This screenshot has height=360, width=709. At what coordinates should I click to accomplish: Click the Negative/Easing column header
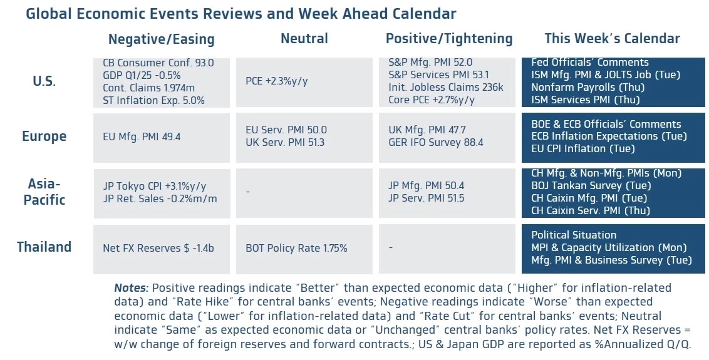(161, 39)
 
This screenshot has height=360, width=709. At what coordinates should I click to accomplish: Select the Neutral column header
(304, 39)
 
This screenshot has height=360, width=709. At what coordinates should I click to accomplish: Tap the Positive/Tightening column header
(448, 39)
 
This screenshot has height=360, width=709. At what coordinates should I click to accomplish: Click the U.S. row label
(44, 81)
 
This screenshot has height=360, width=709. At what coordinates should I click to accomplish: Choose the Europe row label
(44, 136)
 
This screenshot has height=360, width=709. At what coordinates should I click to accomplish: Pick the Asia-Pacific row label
(44, 192)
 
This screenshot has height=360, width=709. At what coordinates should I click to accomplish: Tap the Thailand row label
(44, 247)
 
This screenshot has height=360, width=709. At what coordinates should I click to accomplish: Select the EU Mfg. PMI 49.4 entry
(142, 136)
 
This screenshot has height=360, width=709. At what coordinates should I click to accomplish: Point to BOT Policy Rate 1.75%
(296, 248)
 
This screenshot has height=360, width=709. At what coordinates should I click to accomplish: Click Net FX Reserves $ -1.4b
(158, 248)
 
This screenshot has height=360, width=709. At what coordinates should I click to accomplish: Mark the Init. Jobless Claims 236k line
(446, 88)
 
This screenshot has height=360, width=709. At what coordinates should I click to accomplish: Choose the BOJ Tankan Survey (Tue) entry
(591, 185)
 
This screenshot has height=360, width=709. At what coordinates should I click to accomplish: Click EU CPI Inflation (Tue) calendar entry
(582, 149)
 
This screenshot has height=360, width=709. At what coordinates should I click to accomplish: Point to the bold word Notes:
(131, 288)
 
